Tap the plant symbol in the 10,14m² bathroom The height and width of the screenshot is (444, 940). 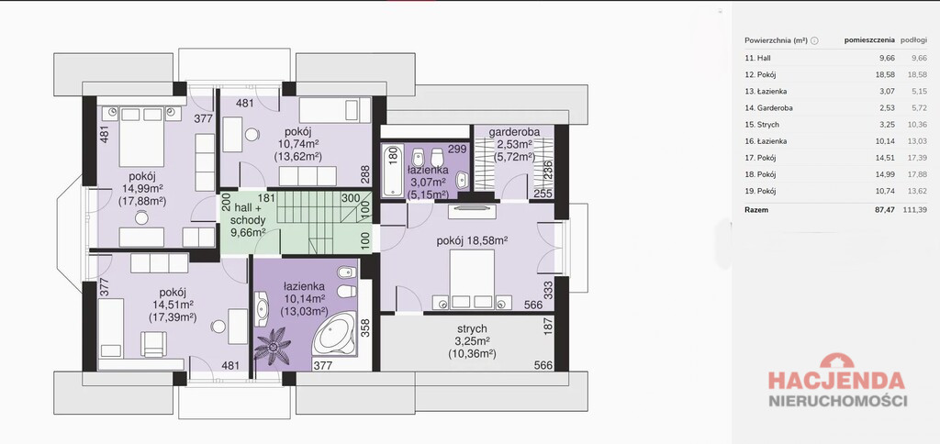273,346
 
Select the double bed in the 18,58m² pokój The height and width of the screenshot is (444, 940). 472,279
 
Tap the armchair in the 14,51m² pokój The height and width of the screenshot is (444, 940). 154,344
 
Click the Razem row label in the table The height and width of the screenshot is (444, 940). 756,210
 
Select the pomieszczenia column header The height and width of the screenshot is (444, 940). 870,40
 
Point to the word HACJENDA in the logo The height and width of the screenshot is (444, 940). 837,380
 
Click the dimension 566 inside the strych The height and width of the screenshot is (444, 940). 543,365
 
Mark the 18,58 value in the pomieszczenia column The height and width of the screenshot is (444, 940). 886,75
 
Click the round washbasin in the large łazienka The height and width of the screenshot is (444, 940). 262,308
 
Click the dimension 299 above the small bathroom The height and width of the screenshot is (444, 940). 457,150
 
